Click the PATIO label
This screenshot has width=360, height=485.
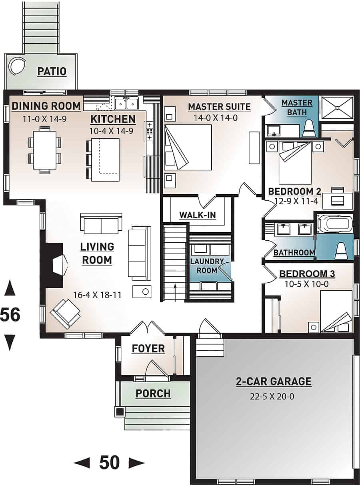(52, 72)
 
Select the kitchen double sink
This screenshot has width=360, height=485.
(126, 103)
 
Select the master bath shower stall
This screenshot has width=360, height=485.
(337, 108)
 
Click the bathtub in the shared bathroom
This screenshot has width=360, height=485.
(335, 224)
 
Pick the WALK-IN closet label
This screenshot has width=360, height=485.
(197, 215)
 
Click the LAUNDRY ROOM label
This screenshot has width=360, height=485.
(207, 266)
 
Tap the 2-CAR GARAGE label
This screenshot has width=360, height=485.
(273, 381)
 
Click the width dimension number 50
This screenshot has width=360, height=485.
(109, 463)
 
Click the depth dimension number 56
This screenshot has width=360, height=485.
(10, 315)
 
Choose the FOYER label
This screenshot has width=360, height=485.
(148, 349)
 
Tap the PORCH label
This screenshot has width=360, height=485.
(153, 393)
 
